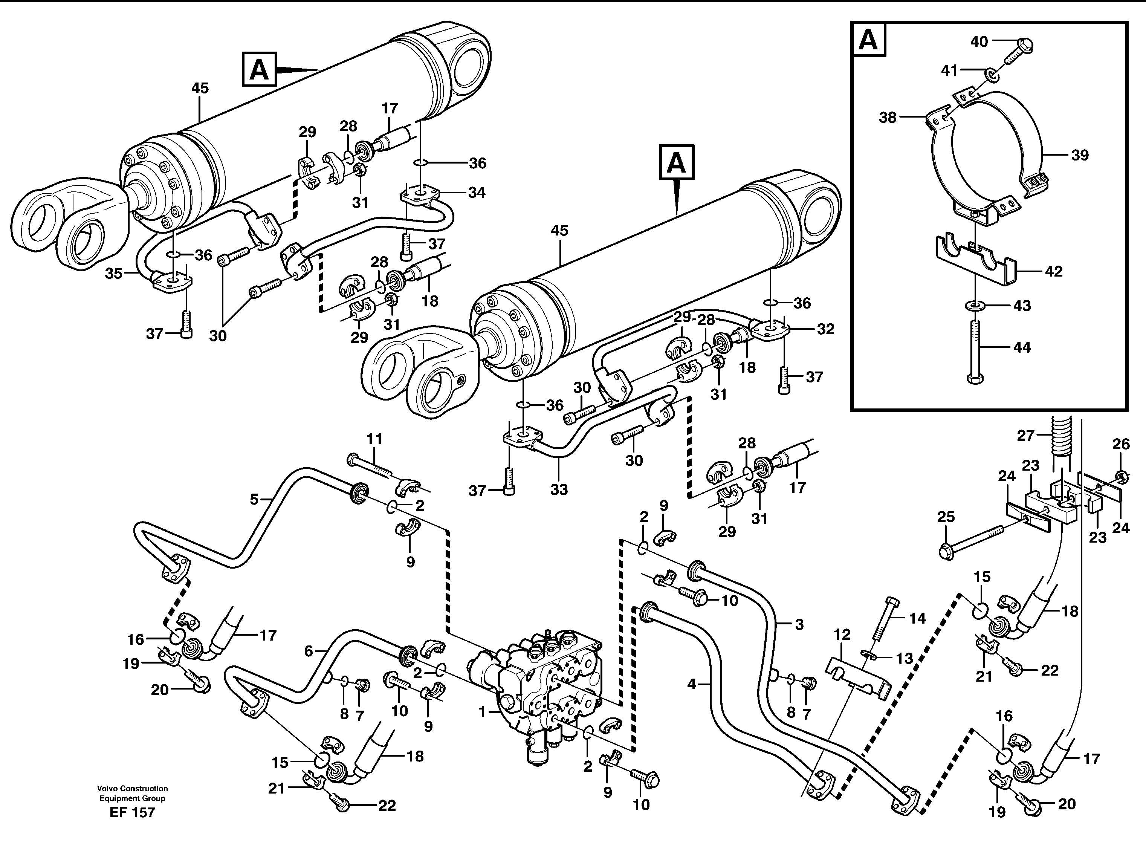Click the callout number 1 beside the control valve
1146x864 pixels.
tap(482, 713)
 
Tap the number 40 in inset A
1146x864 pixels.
tap(979, 41)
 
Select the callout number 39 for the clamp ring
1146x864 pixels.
tap(1080, 155)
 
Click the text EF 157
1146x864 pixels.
tap(132, 812)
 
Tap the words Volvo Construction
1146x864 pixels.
tap(132, 788)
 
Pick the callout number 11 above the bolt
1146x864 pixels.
tap(374, 439)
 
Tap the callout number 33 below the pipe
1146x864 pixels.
tap(559, 489)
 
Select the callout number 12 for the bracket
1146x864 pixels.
tap(842, 635)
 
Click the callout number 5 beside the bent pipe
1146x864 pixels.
tap(254, 499)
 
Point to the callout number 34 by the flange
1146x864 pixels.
tap(476, 193)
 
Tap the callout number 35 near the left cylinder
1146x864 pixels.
tap(113, 273)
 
